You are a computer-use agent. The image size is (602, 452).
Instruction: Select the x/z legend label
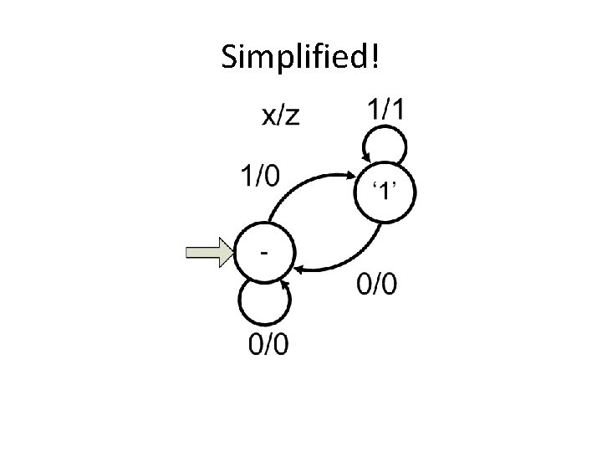(x=279, y=116)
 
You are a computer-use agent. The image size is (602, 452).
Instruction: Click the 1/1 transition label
(x=385, y=109)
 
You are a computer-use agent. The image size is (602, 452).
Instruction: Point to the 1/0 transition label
(x=261, y=177)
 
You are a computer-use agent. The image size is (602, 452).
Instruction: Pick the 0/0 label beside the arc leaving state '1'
(x=377, y=285)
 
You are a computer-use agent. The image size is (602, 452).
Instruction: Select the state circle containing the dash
(x=264, y=253)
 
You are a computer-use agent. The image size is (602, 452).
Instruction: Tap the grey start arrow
(x=208, y=253)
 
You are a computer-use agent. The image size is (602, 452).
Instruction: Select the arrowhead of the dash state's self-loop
(x=284, y=286)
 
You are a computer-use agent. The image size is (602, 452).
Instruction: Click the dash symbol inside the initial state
(x=264, y=249)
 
